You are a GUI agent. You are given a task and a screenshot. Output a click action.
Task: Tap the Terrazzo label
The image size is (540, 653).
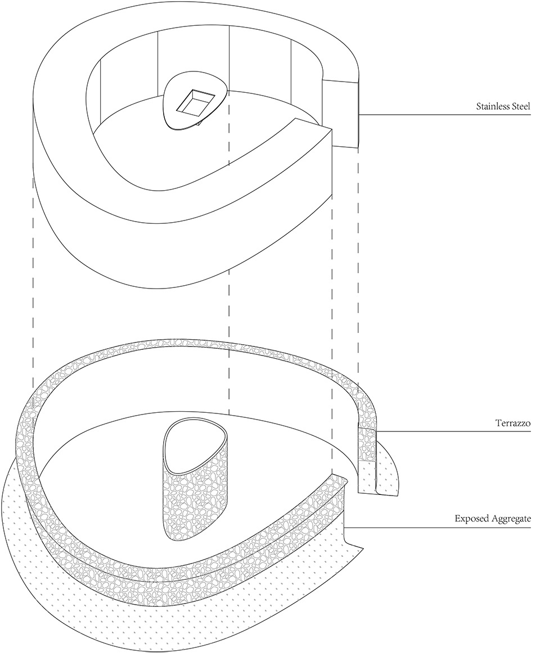click(512, 423)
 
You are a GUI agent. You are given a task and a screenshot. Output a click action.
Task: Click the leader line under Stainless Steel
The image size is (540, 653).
click(445, 115)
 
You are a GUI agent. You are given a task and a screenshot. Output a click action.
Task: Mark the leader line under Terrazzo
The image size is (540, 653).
click(453, 431)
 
